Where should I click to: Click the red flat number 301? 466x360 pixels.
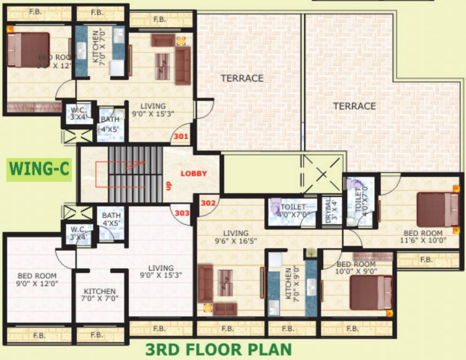pyautogui.click(x=181, y=137)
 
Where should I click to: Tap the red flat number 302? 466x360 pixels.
pyautogui.click(x=208, y=203)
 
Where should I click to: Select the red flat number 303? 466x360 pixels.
pyautogui.click(x=182, y=213)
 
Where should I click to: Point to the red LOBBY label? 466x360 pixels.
pyautogui.click(x=194, y=173)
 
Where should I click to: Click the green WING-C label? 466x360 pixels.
pyautogui.click(x=39, y=169)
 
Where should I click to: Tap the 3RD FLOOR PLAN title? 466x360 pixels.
pyautogui.click(x=218, y=350)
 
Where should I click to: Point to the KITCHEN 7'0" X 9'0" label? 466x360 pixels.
pyautogui.click(x=291, y=283)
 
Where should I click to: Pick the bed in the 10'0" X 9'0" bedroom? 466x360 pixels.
pyautogui.click(x=371, y=292)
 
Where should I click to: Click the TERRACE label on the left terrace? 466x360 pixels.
pyautogui.click(x=242, y=78)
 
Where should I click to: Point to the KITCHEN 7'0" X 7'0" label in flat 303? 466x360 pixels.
pyautogui.click(x=100, y=295)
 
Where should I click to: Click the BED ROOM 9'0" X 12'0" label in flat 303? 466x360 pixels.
pyautogui.click(x=37, y=280)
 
